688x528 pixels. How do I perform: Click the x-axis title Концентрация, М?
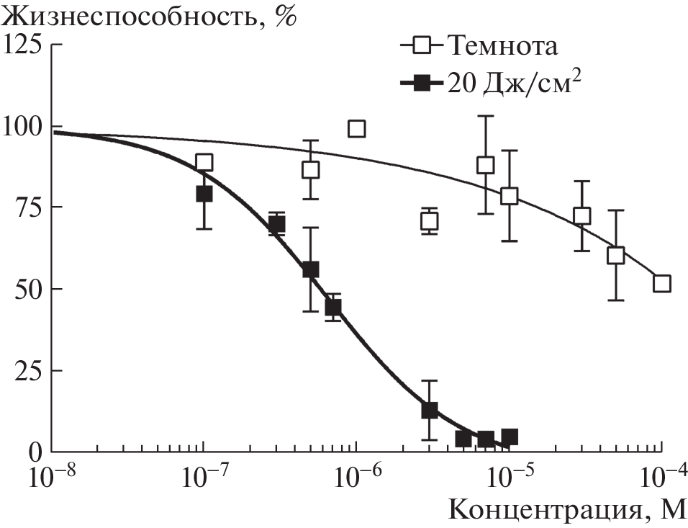(x=568, y=510)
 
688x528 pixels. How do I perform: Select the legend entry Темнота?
(x=502, y=47)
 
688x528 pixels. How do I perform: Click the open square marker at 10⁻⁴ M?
(x=661, y=284)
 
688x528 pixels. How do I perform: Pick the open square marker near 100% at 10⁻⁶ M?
(x=356, y=129)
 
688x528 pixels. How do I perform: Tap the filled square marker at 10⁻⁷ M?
(x=204, y=194)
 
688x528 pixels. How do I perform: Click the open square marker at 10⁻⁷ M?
(x=204, y=162)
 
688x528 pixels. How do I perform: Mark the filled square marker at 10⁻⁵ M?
(x=510, y=437)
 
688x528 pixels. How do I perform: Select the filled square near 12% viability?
(x=430, y=411)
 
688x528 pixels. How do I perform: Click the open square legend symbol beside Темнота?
(x=424, y=48)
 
